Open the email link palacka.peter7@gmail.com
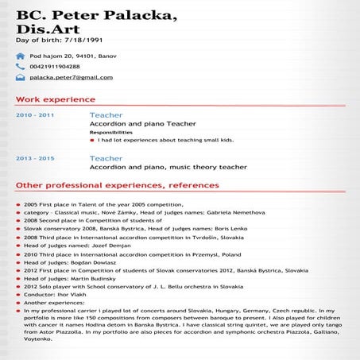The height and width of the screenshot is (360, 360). click(71, 77)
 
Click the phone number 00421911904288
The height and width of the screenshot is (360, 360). click(55, 67)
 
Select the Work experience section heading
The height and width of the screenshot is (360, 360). click(56, 99)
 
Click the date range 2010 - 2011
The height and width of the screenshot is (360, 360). click(35, 115)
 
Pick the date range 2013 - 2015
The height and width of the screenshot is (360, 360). click(35, 158)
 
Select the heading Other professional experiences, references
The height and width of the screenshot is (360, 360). click(117, 185)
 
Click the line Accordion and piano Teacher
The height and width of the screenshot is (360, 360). click(142, 124)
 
